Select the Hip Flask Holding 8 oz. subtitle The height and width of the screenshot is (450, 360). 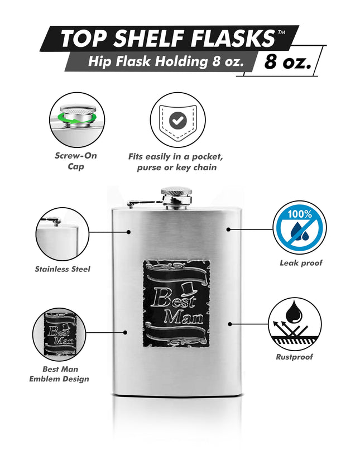[x=166, y=62]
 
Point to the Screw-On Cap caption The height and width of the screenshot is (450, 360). [x=76, y=161]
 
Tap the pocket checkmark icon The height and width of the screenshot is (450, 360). [x=178, y=118]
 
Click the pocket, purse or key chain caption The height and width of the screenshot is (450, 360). [x=176, y=162]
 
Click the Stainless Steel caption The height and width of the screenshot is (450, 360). [x=62, y=269]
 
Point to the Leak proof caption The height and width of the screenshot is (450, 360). [x=301, y=262]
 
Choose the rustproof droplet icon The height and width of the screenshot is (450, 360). [x=295, y=322]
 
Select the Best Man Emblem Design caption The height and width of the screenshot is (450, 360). [x=59, y=374]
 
